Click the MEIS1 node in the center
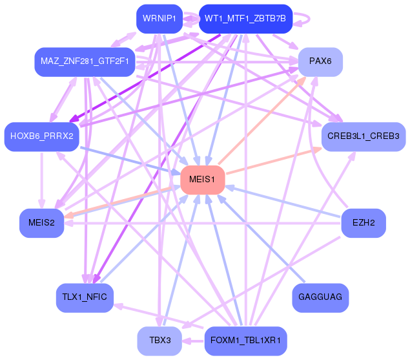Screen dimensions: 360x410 point(203,179)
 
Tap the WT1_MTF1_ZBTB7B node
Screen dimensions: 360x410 point(245,19)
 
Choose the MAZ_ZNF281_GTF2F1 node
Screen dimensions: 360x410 point(85,61)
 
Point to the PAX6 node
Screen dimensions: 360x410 point(320,61)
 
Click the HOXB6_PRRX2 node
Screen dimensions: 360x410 point(41,136)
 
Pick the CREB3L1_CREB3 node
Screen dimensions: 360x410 point(363,136)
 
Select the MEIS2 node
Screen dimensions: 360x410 point(41,223)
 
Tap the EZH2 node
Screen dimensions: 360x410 point(363,223)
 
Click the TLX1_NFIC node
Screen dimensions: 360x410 point(85,297)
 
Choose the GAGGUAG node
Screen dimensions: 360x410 point(320,297)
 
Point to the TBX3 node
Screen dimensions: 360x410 point(159,341)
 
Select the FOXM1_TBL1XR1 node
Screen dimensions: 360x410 point(245,341)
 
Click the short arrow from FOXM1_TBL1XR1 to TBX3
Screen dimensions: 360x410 point(192,340)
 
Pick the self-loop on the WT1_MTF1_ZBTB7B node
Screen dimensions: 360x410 point(303,19)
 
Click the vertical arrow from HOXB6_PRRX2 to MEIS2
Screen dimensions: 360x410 point(41,181)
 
